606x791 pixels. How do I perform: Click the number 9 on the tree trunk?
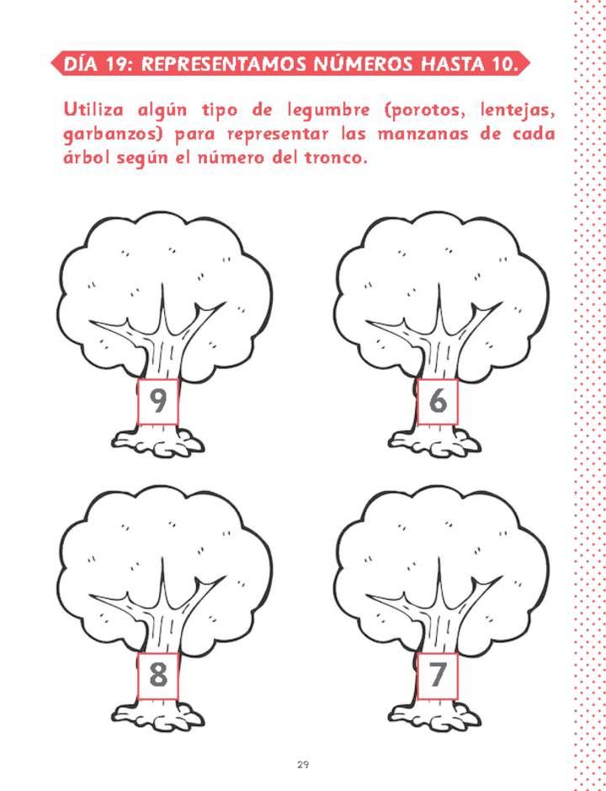pos(158,402)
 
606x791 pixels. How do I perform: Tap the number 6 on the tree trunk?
pos(438,402)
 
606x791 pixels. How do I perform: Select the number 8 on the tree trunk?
pos(158,676)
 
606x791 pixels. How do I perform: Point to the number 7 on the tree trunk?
pos(437,676)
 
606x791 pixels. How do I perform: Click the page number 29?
pos(302,765)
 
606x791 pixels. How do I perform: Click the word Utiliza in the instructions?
pos(93,110)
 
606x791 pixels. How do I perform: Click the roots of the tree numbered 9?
pos(157,440)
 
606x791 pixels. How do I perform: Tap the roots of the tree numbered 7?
pos(437,714)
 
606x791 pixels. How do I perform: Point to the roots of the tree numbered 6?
pos(437,440)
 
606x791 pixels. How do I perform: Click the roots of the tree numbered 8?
pos(157,714)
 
